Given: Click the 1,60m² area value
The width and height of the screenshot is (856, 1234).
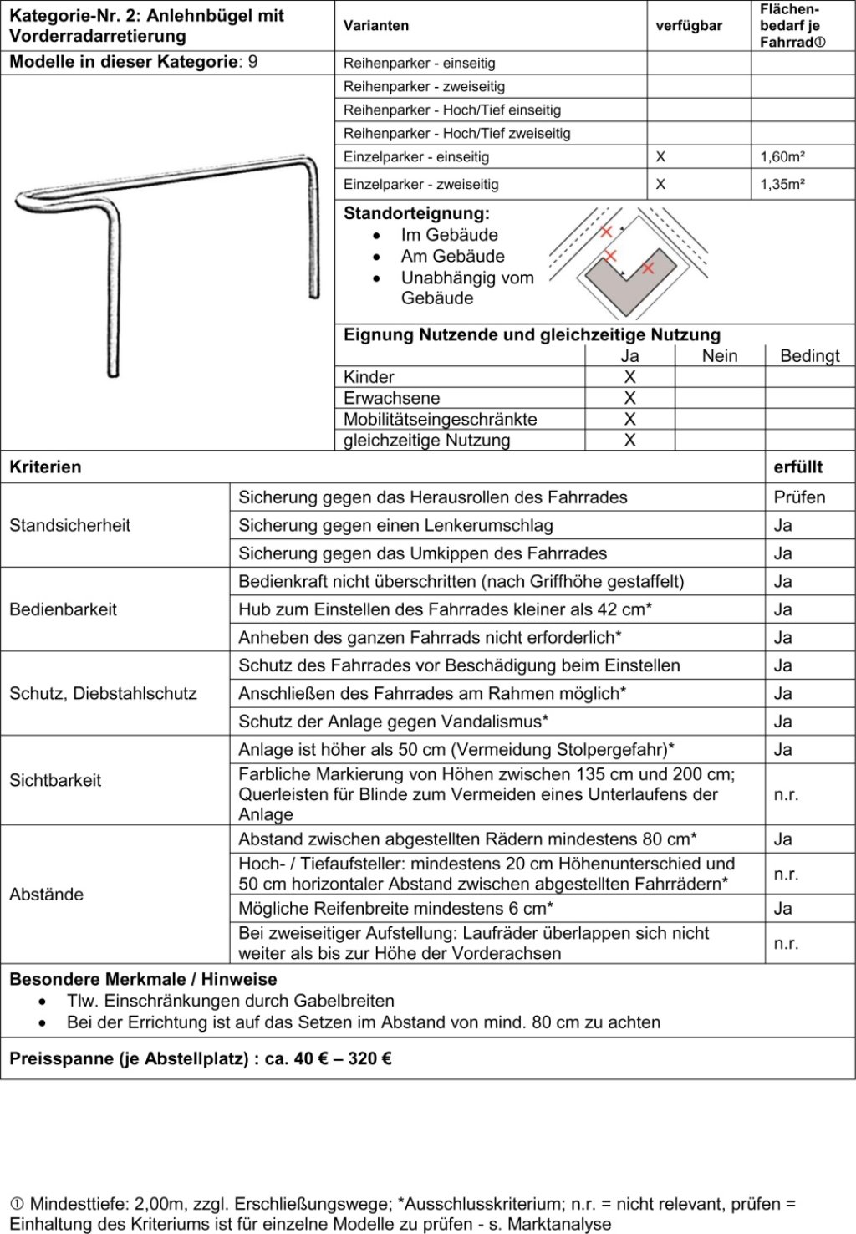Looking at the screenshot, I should coord(782,157).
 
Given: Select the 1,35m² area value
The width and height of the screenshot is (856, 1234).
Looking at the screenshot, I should coord(782,185).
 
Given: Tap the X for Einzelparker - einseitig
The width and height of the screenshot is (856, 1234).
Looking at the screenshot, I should coord(660,157).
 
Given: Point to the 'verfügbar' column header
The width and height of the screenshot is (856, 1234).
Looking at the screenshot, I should coord(689,26).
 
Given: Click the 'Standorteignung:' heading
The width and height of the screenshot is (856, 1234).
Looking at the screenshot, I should coord(416,213).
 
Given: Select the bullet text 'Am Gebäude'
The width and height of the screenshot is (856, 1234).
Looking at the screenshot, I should coord(452,257).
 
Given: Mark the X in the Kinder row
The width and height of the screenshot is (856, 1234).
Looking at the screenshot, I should coord(630,377).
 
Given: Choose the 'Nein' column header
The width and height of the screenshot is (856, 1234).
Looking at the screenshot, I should coord(720,356).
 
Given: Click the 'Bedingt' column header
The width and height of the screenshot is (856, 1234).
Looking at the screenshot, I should coord(809,356).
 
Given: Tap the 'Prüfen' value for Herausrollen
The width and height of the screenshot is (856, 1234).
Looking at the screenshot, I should coord(799,497).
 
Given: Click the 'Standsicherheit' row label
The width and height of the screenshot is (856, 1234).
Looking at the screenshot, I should coord(70,525).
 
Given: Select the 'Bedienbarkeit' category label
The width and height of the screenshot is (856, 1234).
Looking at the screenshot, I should coord(63,609).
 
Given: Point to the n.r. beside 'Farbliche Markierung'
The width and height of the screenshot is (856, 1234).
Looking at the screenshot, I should coord(786,794).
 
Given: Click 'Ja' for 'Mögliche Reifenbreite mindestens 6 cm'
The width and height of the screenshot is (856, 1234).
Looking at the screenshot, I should coord(783,909).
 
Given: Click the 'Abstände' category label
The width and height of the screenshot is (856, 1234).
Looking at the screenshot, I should coord(46,895).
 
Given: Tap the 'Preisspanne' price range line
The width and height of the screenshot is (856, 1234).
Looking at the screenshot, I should coord(201,1059).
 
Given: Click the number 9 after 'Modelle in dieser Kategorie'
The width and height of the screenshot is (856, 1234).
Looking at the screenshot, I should coord(253,62).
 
